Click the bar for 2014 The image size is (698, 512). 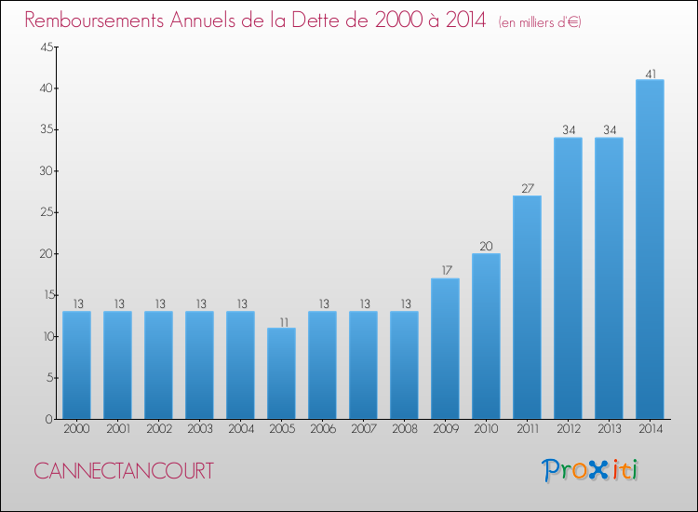coord(650,249)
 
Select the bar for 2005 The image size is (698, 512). coord(281,373)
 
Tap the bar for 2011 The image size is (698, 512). coord(527,307)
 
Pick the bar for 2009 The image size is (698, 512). coord(445,348)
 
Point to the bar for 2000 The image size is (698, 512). coord(76,365)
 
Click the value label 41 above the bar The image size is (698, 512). coord(651,74)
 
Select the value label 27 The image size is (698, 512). coord(528,188)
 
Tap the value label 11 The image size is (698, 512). coord(284,322)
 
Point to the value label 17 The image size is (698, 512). coord(447,270)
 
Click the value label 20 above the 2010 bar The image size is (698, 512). coord(486,246)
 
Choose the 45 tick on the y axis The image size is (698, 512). coord(47,47)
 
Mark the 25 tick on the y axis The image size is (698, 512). coord(47,212)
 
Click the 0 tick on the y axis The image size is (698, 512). coord(49,420)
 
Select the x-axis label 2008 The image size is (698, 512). coord(405,429)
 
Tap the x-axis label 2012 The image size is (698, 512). coord(569,429)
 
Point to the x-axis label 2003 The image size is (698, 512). coord(200,429)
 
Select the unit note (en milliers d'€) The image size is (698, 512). coord(540,22)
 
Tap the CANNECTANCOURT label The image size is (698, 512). coord(124,471)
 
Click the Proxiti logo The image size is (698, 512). coord(590,470)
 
